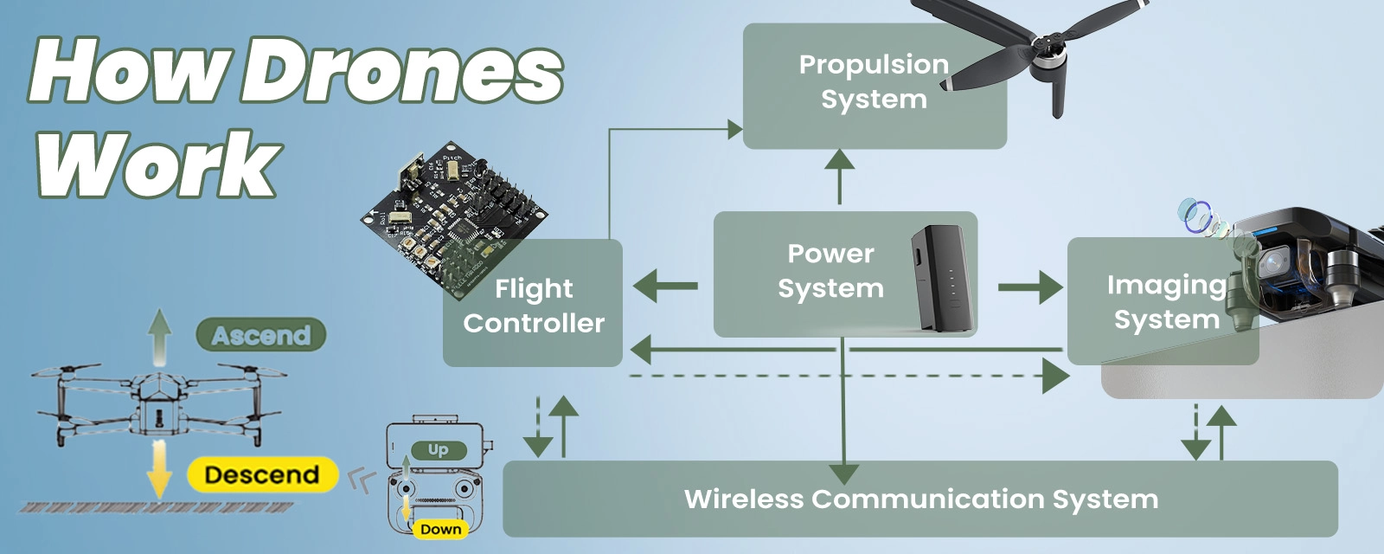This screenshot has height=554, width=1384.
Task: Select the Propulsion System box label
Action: (x=874, y=81)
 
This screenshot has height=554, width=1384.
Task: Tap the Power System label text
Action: (x=830, y=270)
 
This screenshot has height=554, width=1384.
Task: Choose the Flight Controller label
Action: (x=534, y=305)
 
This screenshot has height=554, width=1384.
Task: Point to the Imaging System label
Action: (x=1166, y=301)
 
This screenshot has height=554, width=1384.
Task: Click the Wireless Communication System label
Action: (x=920, y=499)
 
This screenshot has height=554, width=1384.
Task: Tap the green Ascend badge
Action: (x=260, y=335)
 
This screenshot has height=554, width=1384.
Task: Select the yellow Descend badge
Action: (x=262, y=474)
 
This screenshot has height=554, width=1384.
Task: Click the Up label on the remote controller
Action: (x=438, y=449)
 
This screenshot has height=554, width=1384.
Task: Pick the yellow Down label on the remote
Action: (x=440, y=529)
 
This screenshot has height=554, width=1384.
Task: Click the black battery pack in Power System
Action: (x=939, y=277)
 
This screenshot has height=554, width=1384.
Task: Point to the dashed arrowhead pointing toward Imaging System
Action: (x=1055, y=377)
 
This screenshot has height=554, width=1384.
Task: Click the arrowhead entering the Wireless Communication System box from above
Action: (x=843, y=473)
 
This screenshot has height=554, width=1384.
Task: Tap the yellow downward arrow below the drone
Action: (x=159, y=467)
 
